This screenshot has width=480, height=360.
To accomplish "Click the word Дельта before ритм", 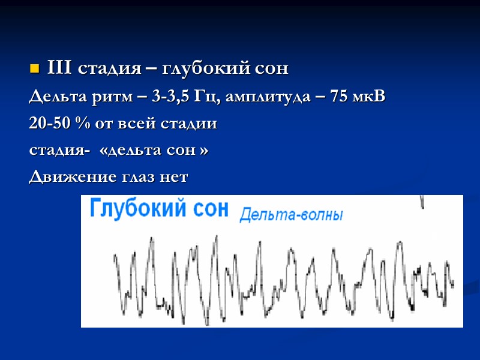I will tap(53, 97).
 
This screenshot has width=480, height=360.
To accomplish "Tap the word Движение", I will tap(64, 178).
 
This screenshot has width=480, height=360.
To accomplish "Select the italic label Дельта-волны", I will tap(291, 214).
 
